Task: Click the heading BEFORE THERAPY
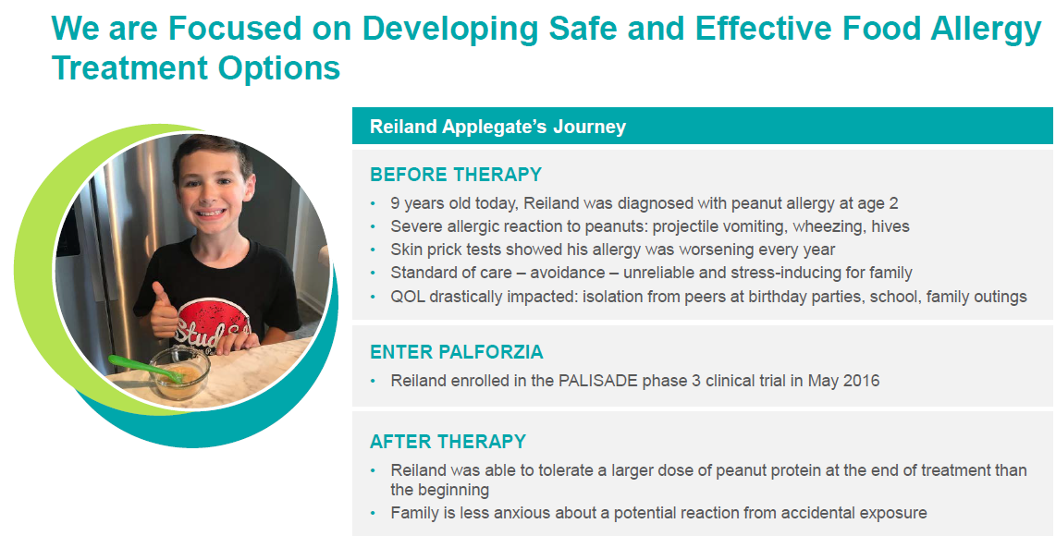click(x=455, y=175)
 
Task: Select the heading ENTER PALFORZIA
click(x=456, y=352)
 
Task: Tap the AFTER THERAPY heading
click(x=448, y=441)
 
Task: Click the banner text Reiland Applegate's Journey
click(x=497, y=127)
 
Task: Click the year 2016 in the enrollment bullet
click(x=861, y=380)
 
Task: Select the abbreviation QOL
click(x=407, y=297)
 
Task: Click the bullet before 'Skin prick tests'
click(x=373, y=250)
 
